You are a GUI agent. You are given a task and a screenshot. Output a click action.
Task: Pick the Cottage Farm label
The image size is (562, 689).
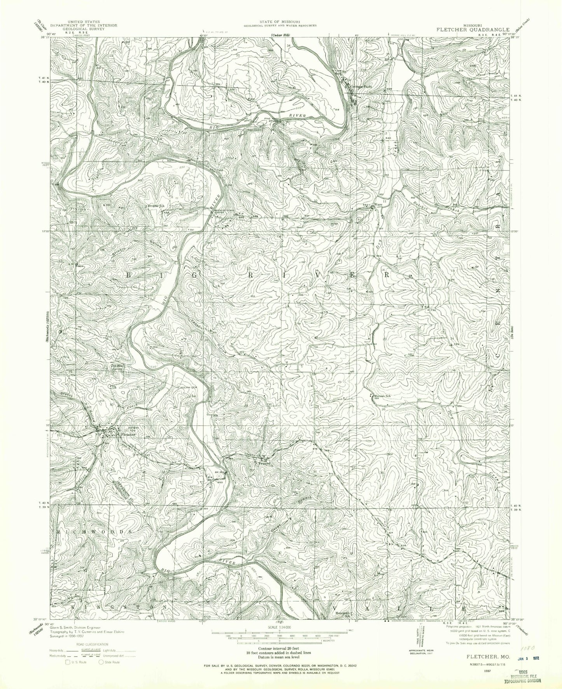(x=361, y=87)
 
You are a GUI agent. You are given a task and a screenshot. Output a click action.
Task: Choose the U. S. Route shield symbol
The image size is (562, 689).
(x=68, y=661)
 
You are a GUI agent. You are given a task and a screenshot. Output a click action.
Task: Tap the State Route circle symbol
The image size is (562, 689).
(x=102, y=661)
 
